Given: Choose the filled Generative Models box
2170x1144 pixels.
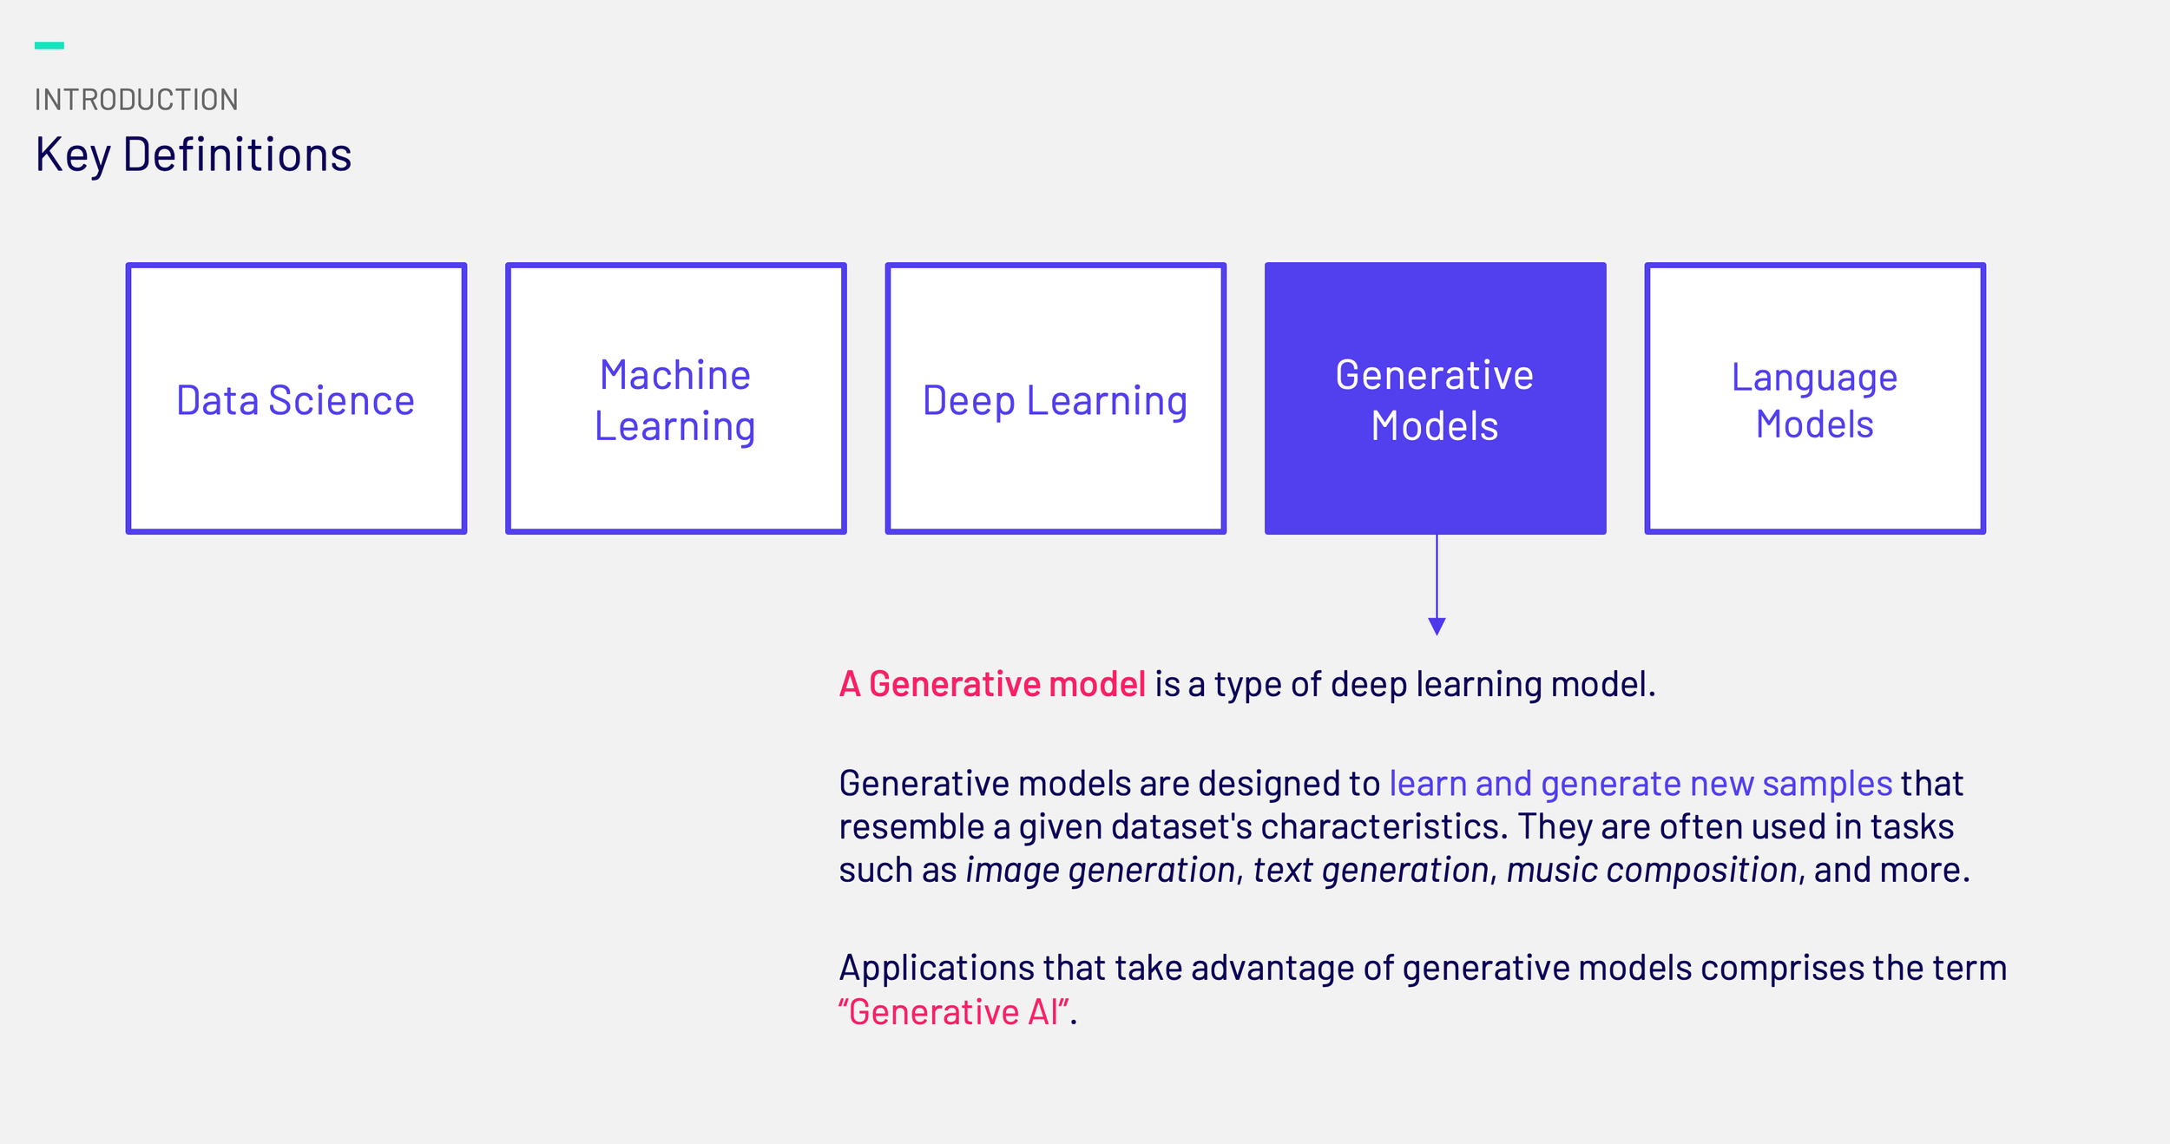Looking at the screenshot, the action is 1435,398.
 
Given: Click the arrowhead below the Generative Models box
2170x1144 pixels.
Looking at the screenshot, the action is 1437,626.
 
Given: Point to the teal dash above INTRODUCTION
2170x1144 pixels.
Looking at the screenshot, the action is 49,45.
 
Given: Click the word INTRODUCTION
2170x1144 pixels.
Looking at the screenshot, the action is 136,100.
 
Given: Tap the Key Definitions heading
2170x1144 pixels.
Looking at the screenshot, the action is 194,155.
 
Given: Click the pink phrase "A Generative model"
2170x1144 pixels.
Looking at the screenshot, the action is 992,684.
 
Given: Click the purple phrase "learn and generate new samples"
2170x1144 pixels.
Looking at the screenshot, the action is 1641,784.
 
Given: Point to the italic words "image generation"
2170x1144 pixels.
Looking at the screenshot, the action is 1101,870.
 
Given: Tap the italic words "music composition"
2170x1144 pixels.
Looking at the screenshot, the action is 1652,870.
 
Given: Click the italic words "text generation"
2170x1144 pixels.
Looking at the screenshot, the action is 1371,870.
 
